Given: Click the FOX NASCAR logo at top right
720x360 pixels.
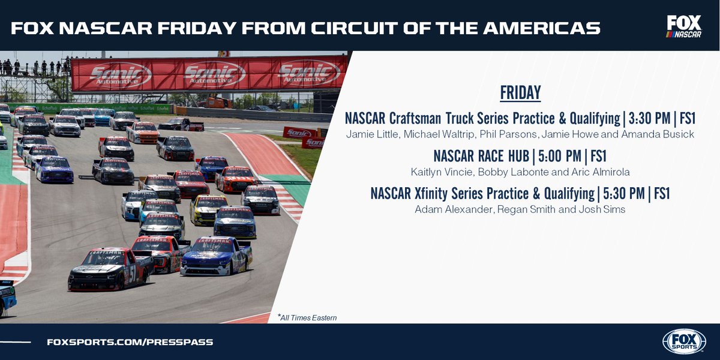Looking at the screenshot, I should click(684, 27).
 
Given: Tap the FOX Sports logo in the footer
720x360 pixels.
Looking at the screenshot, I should click(684, 341).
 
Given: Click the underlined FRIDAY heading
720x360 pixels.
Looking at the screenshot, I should click(520, 93).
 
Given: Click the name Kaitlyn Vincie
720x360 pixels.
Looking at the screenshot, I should click(441, 172).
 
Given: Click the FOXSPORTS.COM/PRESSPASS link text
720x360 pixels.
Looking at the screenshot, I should click(130, 342).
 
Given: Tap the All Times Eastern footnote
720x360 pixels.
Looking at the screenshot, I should click(307, 317).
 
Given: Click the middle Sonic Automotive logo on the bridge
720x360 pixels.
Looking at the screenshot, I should click(214, 74).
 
